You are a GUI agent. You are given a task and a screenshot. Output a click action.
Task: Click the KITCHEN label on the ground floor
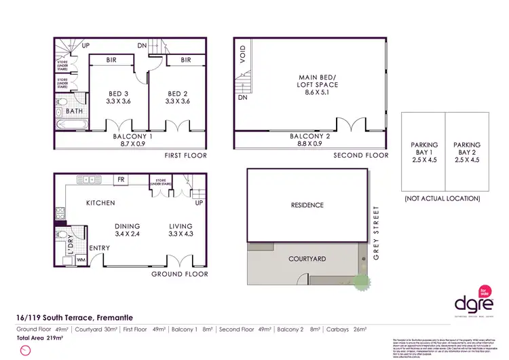(x=100, y=203)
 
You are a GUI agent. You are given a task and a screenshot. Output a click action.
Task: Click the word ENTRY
(x=99, y=249)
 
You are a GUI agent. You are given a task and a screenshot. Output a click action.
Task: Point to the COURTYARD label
(x=307, y=259)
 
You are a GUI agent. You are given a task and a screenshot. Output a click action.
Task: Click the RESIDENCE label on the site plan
(x=307, y=205)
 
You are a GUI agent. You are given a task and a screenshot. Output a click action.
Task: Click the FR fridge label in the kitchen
(x=121, y=180)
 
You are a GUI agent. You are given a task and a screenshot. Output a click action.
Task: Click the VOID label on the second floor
(x=242, y=52)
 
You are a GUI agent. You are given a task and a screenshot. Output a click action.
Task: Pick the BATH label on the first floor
(x=75, y=110)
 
